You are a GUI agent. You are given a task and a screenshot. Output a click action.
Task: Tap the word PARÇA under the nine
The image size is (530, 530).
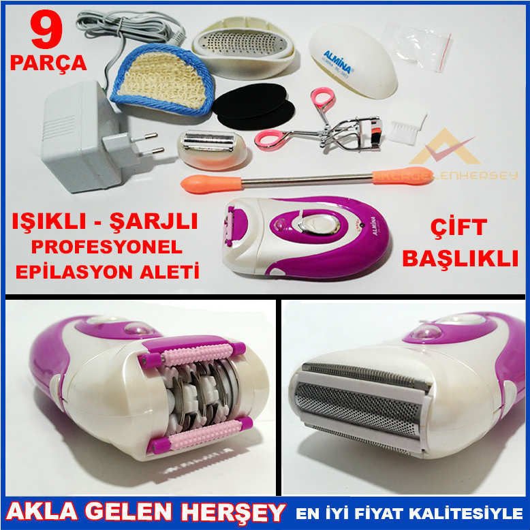(48, 63)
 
